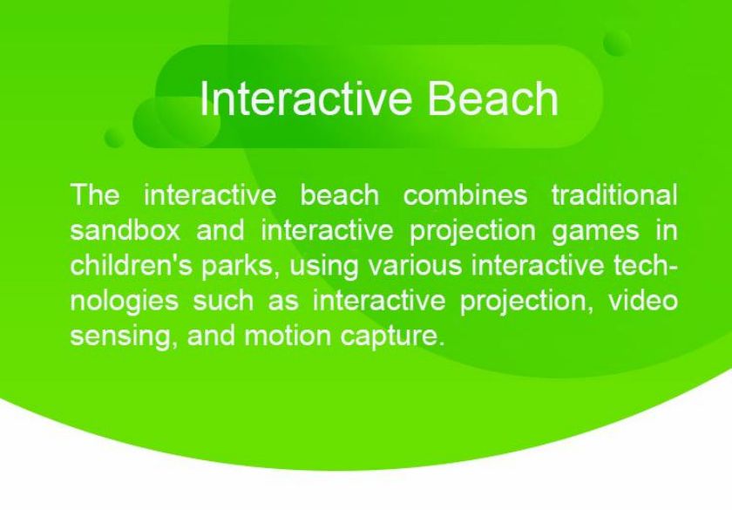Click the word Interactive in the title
pyautogui.click(x=306, y=98)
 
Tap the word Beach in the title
pyautogui.click(x=493, y=98)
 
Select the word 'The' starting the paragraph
pyautogui.click(x=95, y=194)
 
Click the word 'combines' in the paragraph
pyautogui.click(x=465, y=194)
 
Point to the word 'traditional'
pyautogui.click(x=614, y=194)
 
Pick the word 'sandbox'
pyautogui.click(x=125, y=230)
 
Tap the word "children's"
pyautogui.click(x=132, y=265)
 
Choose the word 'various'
pyautogui.click(x=415, y=266)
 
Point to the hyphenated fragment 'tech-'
pyautogui.click(x=646, y=265)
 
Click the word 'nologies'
pyautogui.click(x=124, y=301)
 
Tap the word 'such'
pyautogui.click(x=223, y=301)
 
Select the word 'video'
pyautogui.click(x=642, y=301)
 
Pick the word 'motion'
pyautogui.click(x=288, y=337)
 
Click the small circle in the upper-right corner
pyautogui.click(x=617, y=43)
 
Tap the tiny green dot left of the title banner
pyautogui.click(x=114, y=137)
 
